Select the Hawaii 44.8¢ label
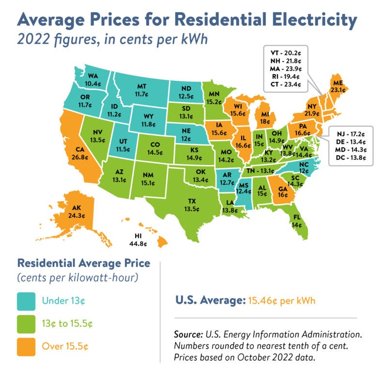click(138, 240)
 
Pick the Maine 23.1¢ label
click(336, 86)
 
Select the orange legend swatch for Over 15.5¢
click(29, 346)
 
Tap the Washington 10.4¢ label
click(91, 80)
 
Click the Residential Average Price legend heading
click(83, 264)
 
